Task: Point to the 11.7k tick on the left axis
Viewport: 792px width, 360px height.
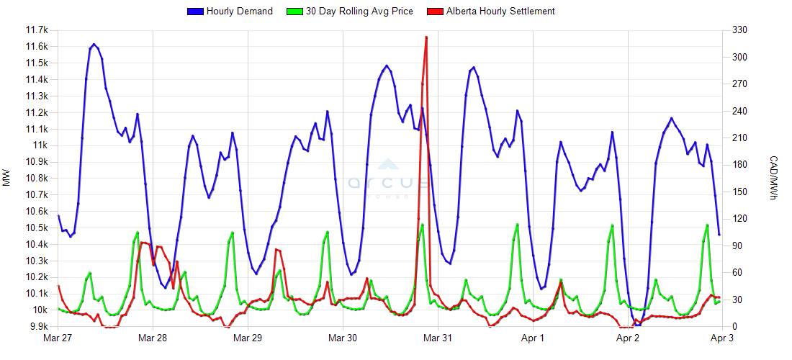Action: point(37,30)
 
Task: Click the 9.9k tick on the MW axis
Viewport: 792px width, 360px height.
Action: point(37,327)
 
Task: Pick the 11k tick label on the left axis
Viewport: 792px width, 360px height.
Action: point(42,145)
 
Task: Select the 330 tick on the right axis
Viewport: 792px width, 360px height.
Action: point(737,30)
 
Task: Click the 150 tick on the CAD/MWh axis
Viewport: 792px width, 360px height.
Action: point(737,192)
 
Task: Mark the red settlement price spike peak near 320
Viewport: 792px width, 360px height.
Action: point(426,37)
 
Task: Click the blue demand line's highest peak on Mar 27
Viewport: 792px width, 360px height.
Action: point(94,44)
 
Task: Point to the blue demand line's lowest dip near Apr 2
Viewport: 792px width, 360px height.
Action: point(638,325)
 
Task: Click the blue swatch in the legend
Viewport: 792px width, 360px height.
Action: point(195,12)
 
